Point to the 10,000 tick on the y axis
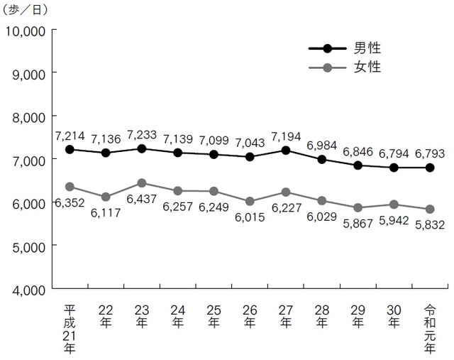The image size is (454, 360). pos(26,31)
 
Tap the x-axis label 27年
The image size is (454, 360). pos(285,317)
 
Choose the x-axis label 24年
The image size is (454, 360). pos(177,317)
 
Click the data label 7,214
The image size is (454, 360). pos(70,134)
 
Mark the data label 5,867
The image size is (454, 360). pos(358,219)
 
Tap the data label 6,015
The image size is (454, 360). pos(250,218)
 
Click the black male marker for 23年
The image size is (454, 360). pos(142,148)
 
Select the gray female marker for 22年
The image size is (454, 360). pos(106,197)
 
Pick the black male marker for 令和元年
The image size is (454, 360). pos(429,168)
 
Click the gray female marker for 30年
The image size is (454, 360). pos(394,204)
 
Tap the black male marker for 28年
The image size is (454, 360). pos(321,160)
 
